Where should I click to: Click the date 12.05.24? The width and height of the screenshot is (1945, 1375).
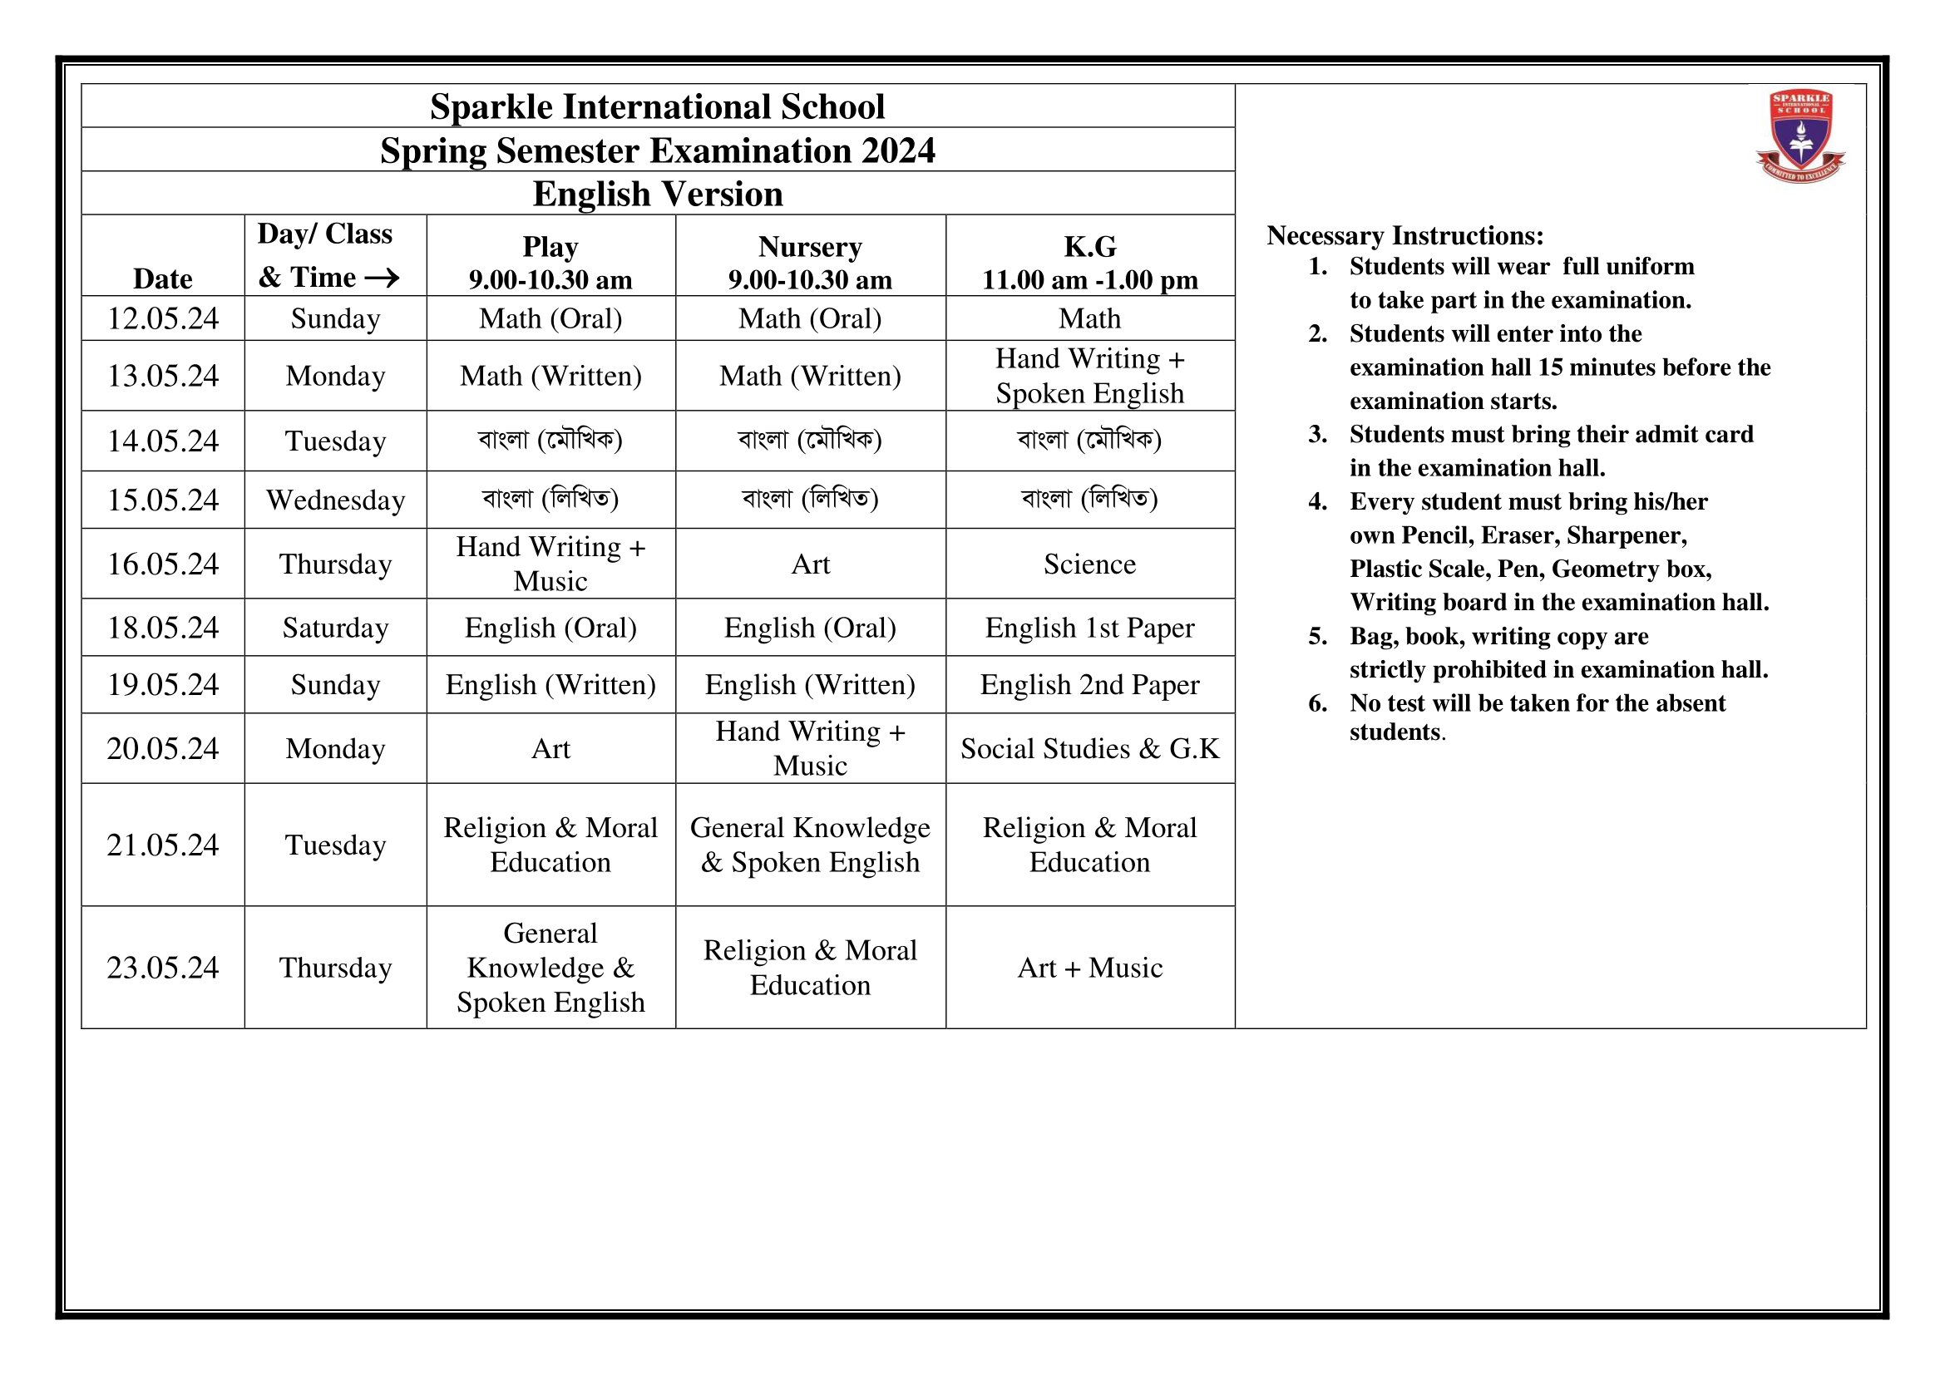[x=163, y=319]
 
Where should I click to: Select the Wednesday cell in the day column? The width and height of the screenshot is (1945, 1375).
[x=335, y=500]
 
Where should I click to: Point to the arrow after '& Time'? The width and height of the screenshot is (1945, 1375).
[x=382, y=278]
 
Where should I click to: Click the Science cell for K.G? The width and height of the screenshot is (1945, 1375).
[x=1089, y=564]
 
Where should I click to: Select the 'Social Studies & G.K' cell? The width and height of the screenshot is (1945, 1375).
[x=1089, y=748]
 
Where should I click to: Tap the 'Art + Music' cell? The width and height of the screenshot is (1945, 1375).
[x=1089, y=968]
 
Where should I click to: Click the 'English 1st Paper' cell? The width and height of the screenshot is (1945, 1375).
[x=1089, y=628]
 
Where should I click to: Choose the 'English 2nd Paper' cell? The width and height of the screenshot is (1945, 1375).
[x=1089, y=685]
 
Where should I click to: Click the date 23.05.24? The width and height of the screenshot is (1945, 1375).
[x=163, y=968]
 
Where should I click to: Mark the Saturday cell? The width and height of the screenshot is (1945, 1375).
[x=335, y=628]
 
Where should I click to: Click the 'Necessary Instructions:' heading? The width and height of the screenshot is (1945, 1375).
[x=1404, y=235]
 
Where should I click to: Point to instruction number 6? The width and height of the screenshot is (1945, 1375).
[x=1317, y=703]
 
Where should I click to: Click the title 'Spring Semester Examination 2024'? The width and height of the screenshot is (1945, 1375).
[x=658, y=150]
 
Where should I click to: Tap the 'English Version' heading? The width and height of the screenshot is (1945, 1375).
[x=658, y=194]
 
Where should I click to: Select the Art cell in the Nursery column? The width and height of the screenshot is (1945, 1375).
[x=810, y=564]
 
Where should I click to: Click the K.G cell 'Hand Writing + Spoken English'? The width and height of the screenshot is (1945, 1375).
[x=1089, y=376]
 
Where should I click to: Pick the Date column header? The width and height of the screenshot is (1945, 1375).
[x=163, y=278]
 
